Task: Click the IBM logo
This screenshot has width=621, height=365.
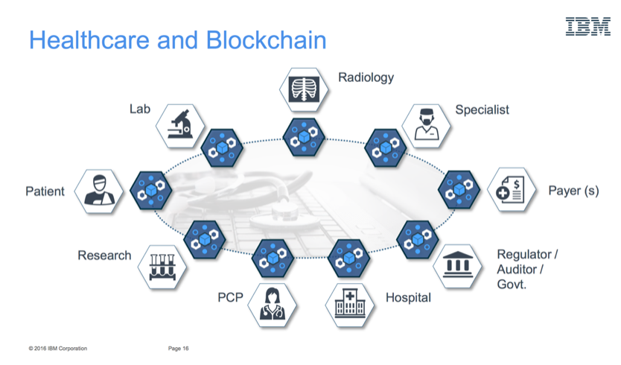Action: tap(587, 27)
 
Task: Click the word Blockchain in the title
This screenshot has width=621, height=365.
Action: tap(266, 40)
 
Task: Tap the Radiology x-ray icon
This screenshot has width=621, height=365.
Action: tap(304, 89)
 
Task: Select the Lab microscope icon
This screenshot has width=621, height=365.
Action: tap(180, 126)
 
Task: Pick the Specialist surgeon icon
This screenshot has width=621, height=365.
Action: tap(426, 126)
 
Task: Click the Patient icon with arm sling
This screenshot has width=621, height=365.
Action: tap(99, 191)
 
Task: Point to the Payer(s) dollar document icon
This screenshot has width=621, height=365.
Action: tap(512, 189)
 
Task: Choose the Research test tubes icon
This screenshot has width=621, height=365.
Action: tap(162, 267)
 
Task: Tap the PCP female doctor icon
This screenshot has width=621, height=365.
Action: tap(272, 305)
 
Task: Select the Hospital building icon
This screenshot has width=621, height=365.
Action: tap(349, 305)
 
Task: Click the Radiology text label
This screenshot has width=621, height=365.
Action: tap(366, 77)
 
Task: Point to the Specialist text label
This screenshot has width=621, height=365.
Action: tap(482, 110)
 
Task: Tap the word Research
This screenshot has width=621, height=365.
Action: tap(104, 256)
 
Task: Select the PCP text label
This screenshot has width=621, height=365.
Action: tap(230, 297)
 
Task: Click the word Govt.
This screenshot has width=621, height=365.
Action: tap(512, 284)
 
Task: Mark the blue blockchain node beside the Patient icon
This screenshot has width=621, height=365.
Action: tap(151, 191)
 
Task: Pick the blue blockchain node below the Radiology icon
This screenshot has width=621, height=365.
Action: tap(304, 137)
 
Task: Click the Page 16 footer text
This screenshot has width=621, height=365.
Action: tap(178, 349)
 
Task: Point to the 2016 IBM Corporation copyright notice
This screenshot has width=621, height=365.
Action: tap(58, 349)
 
